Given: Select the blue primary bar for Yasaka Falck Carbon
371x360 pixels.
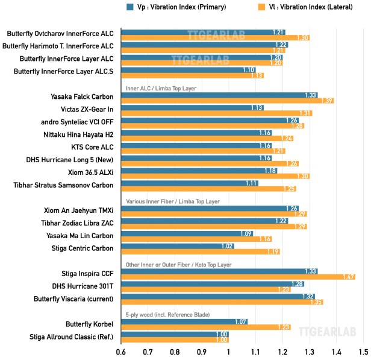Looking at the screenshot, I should (219, 95).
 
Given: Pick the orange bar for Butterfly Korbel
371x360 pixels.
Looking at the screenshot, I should (205, 327).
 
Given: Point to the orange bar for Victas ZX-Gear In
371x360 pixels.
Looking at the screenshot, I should (216, 113).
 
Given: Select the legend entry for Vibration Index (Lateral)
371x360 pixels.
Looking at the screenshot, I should (301, 7).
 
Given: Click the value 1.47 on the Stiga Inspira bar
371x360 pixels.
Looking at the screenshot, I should (348, 277).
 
